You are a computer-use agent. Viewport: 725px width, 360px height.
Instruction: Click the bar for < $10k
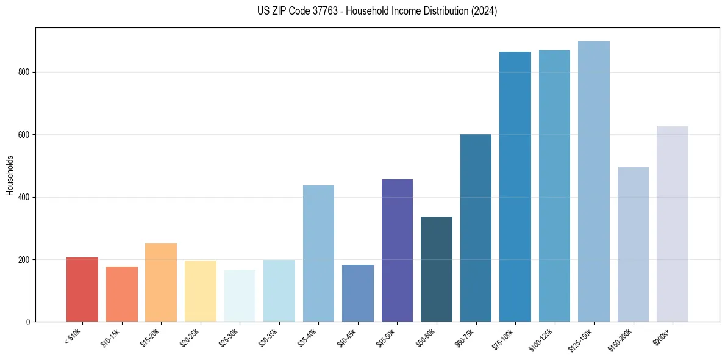tap(82, 290)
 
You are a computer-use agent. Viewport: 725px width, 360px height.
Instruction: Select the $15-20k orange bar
tap(161, 283)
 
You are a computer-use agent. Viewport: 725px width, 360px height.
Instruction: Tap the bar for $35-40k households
tap(318, 254)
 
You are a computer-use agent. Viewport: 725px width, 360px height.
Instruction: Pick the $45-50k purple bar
tap(397, 251)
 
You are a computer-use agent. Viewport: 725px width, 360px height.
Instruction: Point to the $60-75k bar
tap(476, 228)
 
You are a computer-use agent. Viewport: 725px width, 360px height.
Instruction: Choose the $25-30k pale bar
tap(240, 296)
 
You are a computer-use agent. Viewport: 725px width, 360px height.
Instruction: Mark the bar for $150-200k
tap(633, 244)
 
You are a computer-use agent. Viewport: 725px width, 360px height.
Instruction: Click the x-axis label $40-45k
tap(346, 337)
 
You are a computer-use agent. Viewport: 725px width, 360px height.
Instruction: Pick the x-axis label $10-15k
tap(110, 337)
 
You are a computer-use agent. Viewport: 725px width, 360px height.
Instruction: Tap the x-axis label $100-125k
tap(543, 339)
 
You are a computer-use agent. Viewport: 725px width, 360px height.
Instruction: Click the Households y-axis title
tap(10, 175)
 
